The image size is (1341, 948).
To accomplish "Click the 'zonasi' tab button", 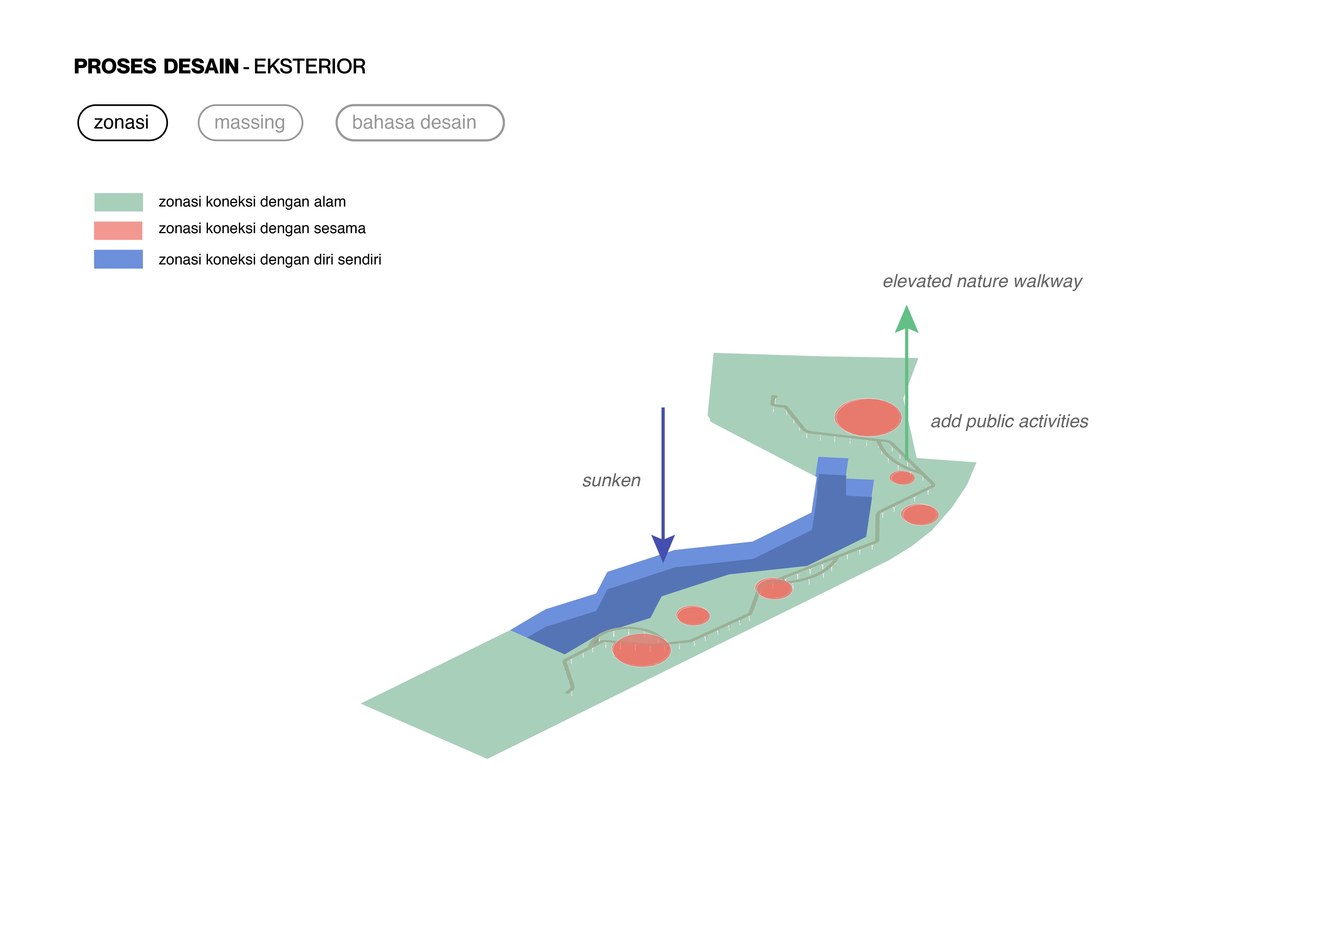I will click(122, 122).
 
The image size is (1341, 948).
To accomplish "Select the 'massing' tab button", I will click(250, 122).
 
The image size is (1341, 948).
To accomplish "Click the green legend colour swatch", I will click(119, 202).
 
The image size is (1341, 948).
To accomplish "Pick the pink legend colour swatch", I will click(118, 231).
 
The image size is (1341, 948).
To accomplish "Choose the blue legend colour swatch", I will click(118, 259).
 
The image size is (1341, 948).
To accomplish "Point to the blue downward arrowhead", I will click(663, 548).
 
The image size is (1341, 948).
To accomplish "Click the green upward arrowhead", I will click(906, 320).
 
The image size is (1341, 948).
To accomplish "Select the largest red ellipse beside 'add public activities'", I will click(868, 417).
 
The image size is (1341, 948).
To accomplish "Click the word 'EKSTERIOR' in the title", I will click(310, 66).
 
